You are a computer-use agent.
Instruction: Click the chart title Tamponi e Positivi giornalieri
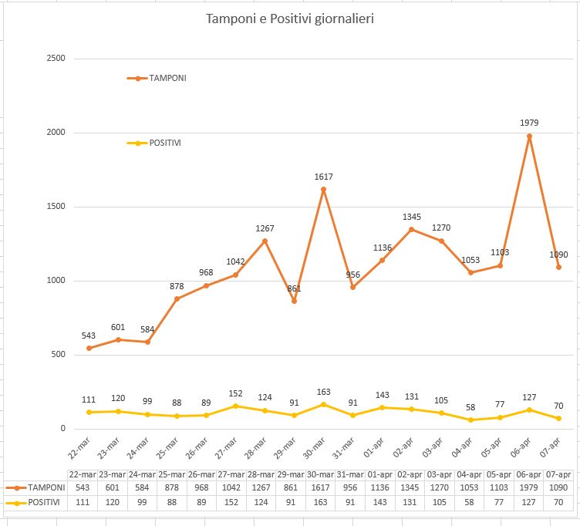coord(290,19)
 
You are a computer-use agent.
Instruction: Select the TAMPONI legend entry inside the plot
coord(157,78)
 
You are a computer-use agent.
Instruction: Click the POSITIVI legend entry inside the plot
coord(154,143)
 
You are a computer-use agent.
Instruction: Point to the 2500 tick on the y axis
coord(56,58)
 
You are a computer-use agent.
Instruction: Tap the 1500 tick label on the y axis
coord(56,206)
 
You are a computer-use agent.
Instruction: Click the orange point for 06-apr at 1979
coord(529,136)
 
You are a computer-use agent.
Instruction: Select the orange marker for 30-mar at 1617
coord(324,190)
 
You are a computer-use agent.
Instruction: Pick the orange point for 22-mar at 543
coord(89,348)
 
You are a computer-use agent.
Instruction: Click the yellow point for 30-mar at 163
coord(324,405)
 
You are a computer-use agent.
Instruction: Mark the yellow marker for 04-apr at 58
coord(470,420)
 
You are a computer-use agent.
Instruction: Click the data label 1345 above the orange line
coord(412,217)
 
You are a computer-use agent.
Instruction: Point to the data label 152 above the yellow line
coord(236,393)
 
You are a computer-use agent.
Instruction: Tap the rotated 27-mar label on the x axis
coord(226,448)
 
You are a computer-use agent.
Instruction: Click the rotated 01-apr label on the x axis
coord(373,447)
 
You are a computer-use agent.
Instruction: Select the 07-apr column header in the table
coord(558,474)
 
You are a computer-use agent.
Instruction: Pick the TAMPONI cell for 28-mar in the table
coord(261,487)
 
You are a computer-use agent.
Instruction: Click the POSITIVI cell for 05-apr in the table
coord(498,502)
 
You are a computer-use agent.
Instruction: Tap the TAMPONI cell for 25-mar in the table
coord(172,487)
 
